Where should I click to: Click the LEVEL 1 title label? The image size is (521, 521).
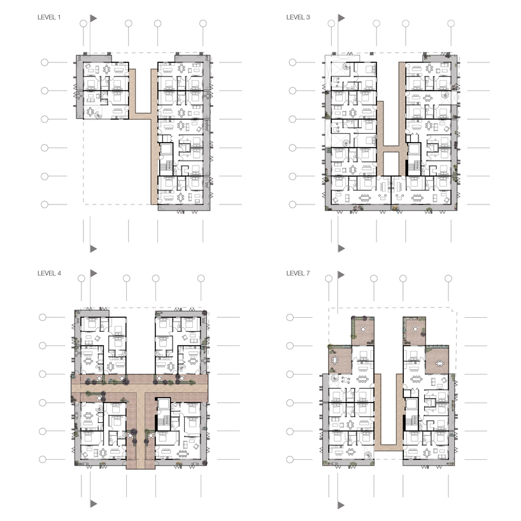click(49, 17)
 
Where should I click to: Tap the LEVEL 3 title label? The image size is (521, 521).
click(298, 17)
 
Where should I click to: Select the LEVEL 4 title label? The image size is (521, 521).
click(49, 273)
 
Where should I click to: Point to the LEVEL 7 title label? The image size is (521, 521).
click(298, 273)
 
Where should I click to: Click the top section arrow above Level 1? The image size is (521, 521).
click(94, 18)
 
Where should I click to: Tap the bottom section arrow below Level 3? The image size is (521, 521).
click(341, 248)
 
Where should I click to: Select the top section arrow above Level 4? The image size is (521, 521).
click(94, 273)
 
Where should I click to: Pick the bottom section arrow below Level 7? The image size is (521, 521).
click(341, 505)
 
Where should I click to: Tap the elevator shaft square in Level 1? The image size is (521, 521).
click(166, 148)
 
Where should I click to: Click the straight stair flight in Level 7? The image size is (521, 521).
click(412, 420)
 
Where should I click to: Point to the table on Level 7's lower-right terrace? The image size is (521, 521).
click(440, 363)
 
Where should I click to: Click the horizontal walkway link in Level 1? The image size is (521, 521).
click(143, 116)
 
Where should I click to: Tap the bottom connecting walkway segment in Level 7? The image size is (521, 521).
click(389, 448)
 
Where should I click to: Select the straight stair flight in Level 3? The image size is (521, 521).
click(413, 166)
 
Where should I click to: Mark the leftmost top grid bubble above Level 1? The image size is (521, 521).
click(83, 24)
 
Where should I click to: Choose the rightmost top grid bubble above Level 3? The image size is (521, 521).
click(451, 24)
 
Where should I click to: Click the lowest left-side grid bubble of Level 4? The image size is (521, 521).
click(43, 459)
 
